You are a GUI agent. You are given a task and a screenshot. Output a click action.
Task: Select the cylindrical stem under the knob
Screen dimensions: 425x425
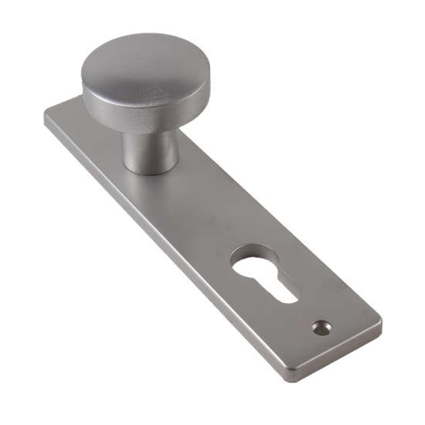tap(150, 151)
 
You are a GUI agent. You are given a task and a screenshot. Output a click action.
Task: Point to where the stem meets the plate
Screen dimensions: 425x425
tap(151, 171)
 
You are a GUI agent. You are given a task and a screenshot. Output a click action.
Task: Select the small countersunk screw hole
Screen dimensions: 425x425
tap(321, 328)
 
